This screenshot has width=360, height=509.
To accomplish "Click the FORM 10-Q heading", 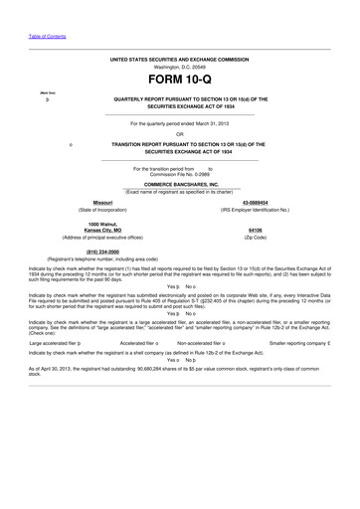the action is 180,79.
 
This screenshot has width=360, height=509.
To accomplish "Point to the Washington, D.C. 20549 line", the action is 180,67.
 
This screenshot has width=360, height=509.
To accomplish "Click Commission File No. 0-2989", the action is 180,174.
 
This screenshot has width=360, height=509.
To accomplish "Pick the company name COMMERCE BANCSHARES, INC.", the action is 180,184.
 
